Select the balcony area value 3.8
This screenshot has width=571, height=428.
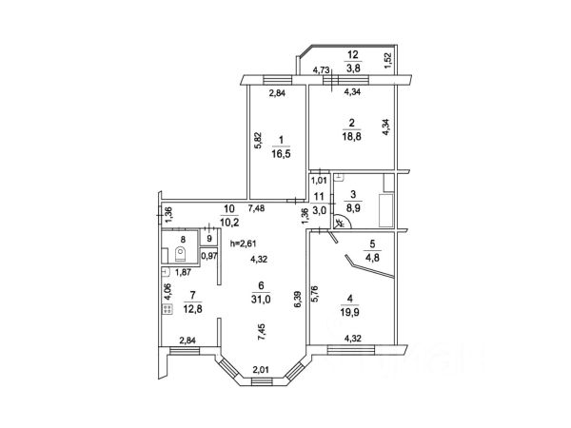pos(351,68)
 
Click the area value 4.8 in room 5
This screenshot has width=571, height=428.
pos(372,255)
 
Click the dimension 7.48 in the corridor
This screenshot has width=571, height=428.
pos(257,207)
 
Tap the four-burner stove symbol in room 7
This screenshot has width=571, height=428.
pos(167,308)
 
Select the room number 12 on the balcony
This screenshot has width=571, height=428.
pos(351,55)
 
